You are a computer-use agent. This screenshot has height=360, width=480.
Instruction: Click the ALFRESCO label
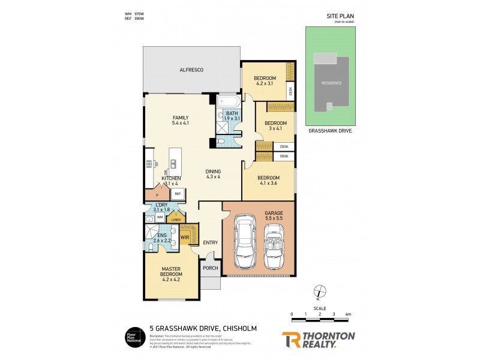[191, 70]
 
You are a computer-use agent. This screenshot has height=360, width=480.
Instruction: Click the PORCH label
[210, 268]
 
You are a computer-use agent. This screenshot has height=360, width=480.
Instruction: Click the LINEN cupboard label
[175, 220]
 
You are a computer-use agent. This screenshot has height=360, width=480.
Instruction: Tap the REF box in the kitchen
[178, 194]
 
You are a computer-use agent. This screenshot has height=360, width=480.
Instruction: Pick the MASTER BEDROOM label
[171, 274]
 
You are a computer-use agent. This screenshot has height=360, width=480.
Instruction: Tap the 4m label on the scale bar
[347, 314]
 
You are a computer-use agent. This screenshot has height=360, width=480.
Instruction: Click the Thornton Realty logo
[318, 340]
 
